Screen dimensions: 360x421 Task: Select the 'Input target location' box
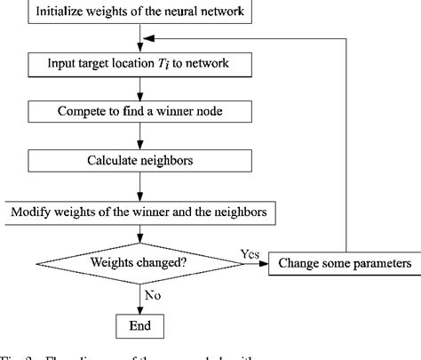click(141, 65)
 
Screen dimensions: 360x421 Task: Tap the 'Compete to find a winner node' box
click(141, 113)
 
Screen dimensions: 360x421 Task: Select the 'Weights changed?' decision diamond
click(141, 263)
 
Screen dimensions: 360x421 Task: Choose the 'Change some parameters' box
click(345, 263)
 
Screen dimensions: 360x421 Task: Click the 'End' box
click(141, 325)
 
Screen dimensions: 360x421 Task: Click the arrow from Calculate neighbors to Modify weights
click(141, 188)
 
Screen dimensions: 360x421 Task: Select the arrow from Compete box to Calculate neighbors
click(141, 138)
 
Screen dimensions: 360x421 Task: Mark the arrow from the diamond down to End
click(141, 295)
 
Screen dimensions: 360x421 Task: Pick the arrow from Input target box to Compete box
click(141, 89)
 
